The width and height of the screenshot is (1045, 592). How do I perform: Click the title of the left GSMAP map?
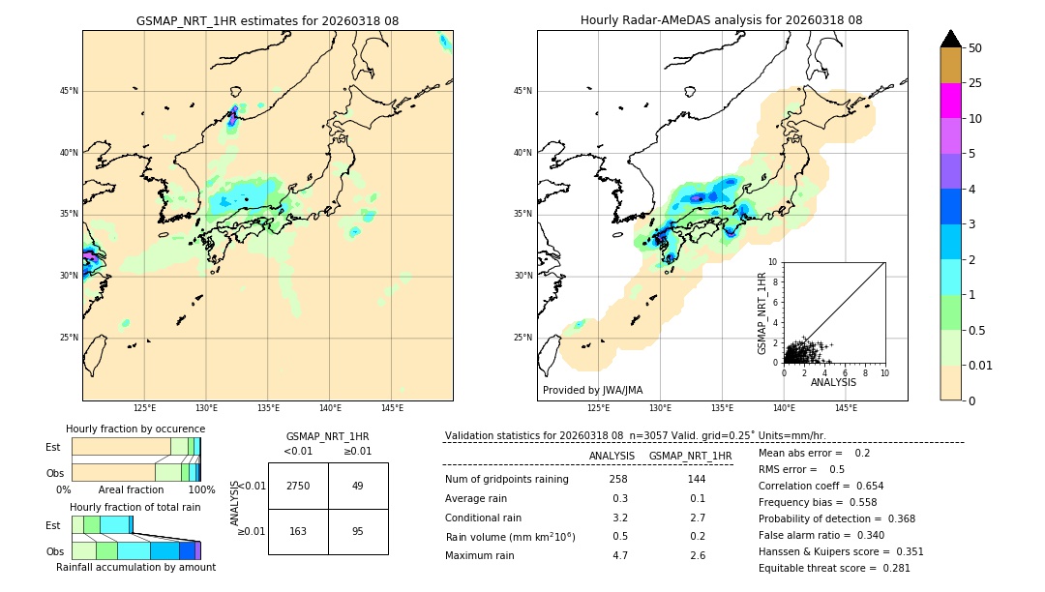click(x=267, y=20)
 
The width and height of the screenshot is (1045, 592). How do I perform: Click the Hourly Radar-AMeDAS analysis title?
click(x=722, y=20)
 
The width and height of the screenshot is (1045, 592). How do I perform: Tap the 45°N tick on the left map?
click(x=68, y=91)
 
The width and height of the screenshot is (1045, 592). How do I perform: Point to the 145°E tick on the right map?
click(x=846, y=408)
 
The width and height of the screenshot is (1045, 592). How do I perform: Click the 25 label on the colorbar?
click(x=975, y=83)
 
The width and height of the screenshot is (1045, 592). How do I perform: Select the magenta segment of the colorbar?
click(x=950, y=101)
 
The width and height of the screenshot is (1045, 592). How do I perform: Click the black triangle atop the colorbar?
click(x=950, y=39)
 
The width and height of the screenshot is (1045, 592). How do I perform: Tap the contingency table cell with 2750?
click(x=298, y=486)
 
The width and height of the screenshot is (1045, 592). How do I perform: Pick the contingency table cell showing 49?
click(x=358, y=486)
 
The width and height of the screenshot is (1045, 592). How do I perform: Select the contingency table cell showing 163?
click(x=298, y=531)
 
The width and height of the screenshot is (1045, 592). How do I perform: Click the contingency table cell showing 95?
click(x=358, y=531)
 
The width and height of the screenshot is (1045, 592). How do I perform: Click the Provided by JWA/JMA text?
click(x=592, y=391)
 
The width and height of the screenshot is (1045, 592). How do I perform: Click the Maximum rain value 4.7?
click(x=619, y=555)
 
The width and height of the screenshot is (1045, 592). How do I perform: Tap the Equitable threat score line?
click(x=834, y=568)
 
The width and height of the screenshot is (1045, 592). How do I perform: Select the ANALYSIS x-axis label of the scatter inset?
click(x=833, y=382)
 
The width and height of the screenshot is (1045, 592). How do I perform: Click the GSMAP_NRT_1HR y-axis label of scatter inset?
click(x=762, y=312)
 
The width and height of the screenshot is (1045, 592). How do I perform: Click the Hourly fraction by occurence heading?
click(x=135, y=429)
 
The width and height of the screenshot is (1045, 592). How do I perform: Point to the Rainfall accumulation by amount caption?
click(x=135, y=567)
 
